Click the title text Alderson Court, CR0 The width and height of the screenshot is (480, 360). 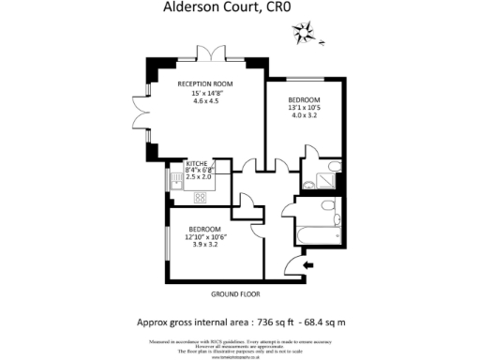click(240, 12)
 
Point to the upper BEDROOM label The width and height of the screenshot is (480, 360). click(305, 100)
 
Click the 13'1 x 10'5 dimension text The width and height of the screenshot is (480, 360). click(305, 109)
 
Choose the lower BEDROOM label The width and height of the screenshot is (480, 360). click(204, 230)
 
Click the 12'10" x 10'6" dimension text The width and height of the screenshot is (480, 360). click(204, 238)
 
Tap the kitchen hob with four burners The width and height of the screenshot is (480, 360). click(200, 197)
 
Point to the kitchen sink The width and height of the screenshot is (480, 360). click(174, 177)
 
